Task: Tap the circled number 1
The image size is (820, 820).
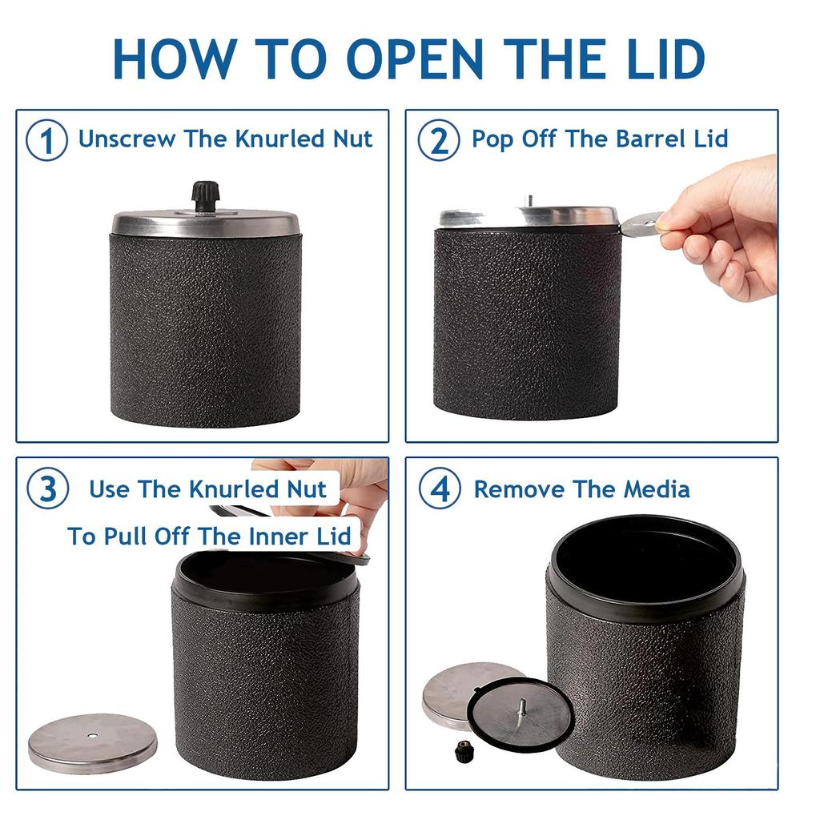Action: pyautogui.click(x=46, y=140)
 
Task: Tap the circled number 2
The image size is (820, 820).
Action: pyautogui.click(x=439, y=140)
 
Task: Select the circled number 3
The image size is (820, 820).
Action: pyautogui.click(x=47, y=489)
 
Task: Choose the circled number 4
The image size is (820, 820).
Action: pyautogui.click(x=440, y=489)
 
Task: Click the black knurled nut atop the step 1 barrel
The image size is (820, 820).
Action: pyautogui.click(x=205, y=195)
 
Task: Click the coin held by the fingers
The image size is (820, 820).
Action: pyautogui.click(x=641, y=225)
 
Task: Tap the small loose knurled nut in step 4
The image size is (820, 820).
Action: pyautogui.click(x=462, y=751)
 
